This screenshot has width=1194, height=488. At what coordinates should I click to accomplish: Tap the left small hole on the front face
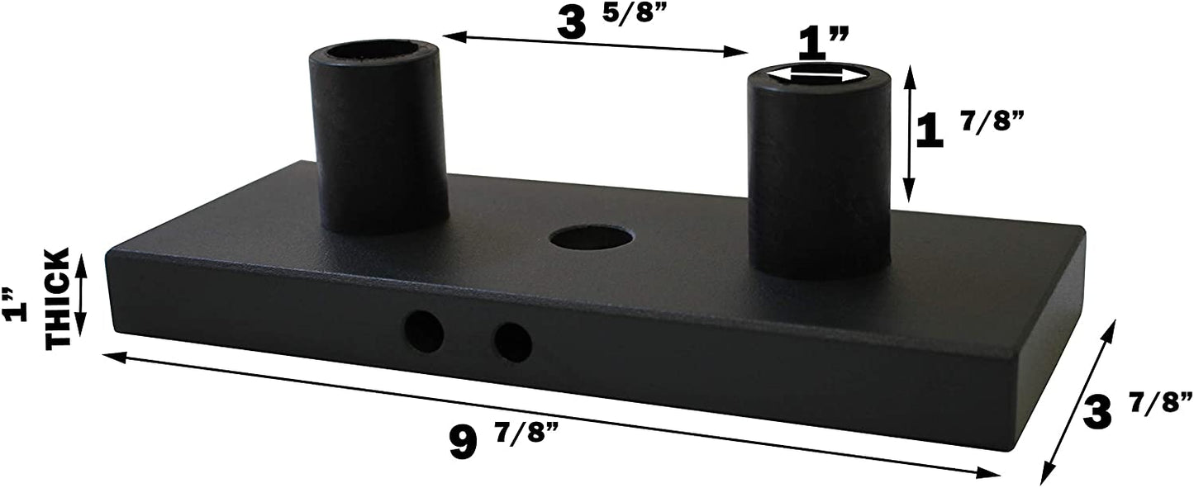click(424, 333)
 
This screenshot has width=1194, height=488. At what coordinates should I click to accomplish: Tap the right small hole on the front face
click(512, 340)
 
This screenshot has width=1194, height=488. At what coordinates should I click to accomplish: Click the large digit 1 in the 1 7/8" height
click(930, 131)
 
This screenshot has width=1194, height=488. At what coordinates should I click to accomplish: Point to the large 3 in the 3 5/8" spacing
click(578, 24)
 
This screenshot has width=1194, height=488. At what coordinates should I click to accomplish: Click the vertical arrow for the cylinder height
click(909, 134)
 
